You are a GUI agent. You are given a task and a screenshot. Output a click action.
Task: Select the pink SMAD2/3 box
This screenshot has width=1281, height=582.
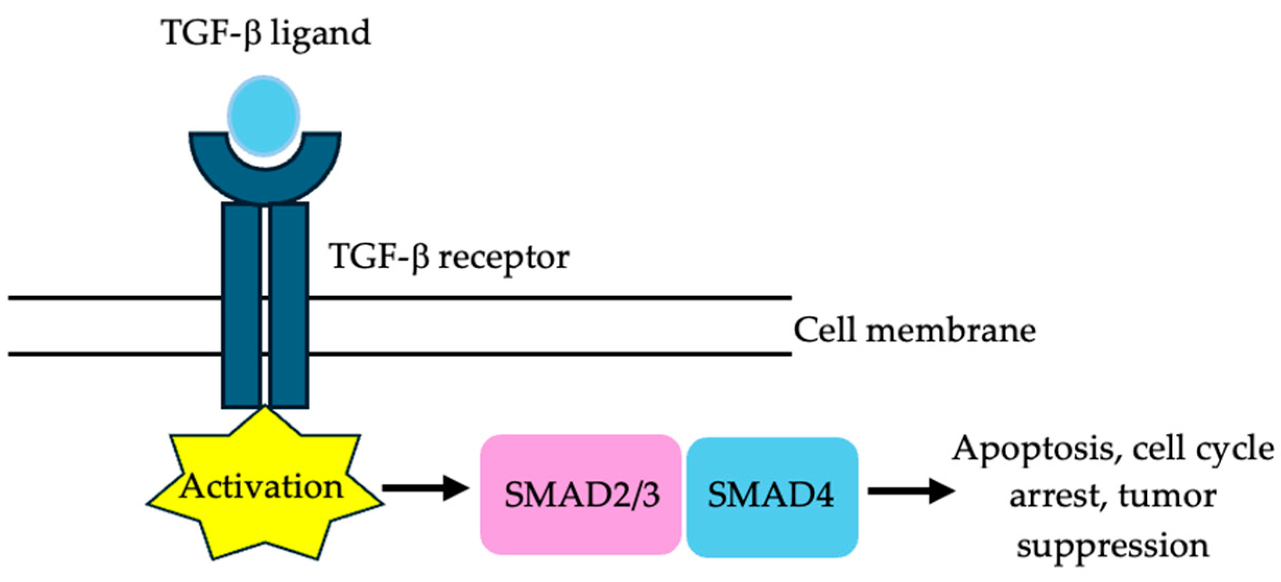coord(581,494)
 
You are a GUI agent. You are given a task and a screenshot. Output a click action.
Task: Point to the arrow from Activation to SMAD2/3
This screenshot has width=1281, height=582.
coord(425,488)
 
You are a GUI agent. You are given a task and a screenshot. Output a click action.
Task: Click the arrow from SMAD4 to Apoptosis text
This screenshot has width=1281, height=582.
coord(911,491)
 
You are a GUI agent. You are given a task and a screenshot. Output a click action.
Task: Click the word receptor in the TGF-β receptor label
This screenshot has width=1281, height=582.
coord(503,258)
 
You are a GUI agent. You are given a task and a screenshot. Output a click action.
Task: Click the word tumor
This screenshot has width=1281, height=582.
coord(1167,496)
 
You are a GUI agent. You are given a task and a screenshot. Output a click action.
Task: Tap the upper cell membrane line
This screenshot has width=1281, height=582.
coord(522,298)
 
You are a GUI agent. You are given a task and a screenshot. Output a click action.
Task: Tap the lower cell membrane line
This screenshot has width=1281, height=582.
coord(522,354)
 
